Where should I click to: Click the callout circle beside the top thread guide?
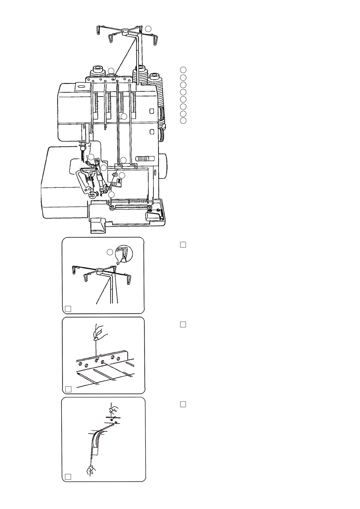[x=148, y=29]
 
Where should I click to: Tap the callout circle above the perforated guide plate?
[x=111, y=71]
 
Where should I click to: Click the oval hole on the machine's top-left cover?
[x=81, y=86]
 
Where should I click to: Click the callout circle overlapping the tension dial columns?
[x=124, y=117]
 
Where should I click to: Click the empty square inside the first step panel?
[x=68, y=309]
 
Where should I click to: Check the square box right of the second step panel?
[x=183, y=324]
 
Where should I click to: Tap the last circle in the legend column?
[x=183, y=121]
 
